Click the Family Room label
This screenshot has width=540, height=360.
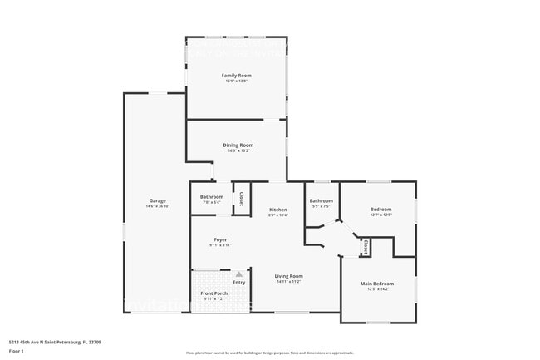pyautogui.click(x=236, y=76)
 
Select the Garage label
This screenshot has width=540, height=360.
pyautogui.click(x=157, y=200)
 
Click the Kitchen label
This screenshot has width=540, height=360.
pyautogui.click(x=277, y=209)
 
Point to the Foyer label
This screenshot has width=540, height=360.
pyautogui.click(x=219, y=239)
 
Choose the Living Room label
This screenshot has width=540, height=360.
pyautogui.click(x=289, y=276)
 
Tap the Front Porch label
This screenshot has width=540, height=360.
pyautogui.click(x=214, y=293)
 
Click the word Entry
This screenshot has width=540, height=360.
pyautogui.click(x=239, y=283)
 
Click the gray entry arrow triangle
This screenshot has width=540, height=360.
pyautogui.click(x=239, y=274)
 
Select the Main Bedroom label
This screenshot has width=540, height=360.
pyautogui.click(x=376, y=284)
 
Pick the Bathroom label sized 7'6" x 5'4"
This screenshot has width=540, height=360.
pyautogui.click(x=212, y=197)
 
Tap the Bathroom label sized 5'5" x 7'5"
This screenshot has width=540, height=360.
pyautogui.click(x=321, y=200)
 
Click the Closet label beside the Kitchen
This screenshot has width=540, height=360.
pyautogui.click(x=241, y=199)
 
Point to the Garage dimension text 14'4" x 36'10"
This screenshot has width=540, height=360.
pyautogui.click(x=157, y=206)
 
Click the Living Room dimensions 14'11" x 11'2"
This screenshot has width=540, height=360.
pyautogui.click(x=289, y=282)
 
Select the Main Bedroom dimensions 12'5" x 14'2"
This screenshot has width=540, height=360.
pyautogui.click(x=376, y=289)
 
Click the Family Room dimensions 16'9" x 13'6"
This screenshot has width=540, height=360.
pyautogui.click(x=236, y=81)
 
